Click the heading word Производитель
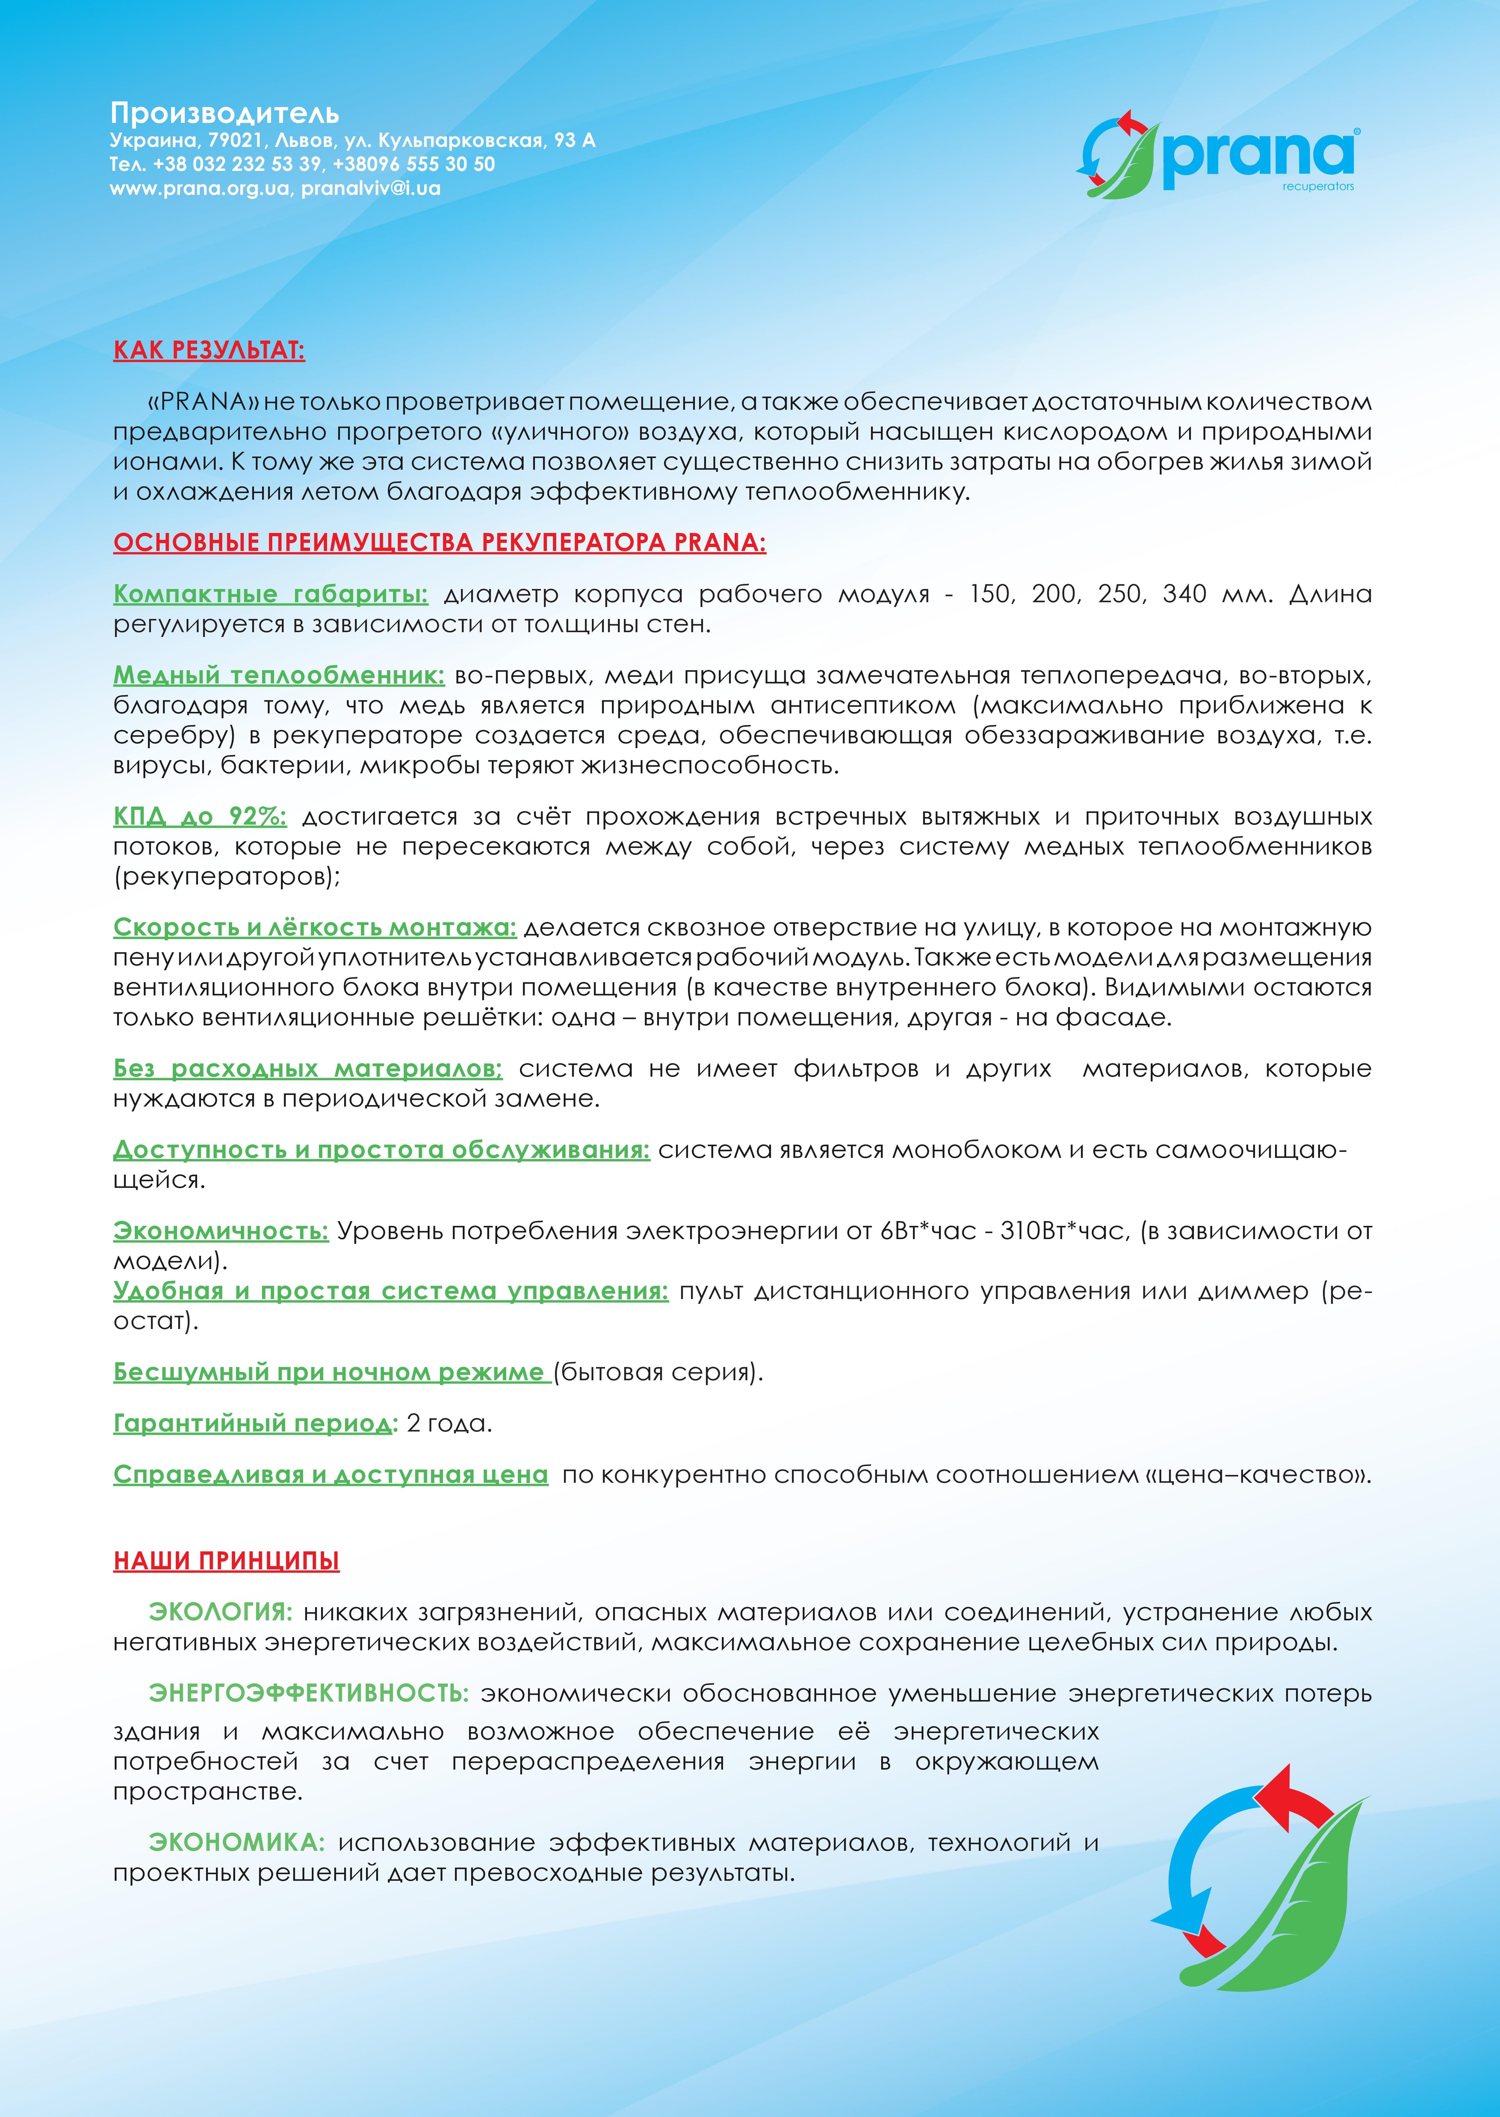point(225,114)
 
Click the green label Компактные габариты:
point(271,594)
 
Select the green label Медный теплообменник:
point(279,675)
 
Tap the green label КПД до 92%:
point(200,817)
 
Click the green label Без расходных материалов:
point(307,1069)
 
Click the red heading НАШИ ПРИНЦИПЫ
point(226,1562)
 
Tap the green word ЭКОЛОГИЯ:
point(220,1612)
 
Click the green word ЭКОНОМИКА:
point(236,1843)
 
